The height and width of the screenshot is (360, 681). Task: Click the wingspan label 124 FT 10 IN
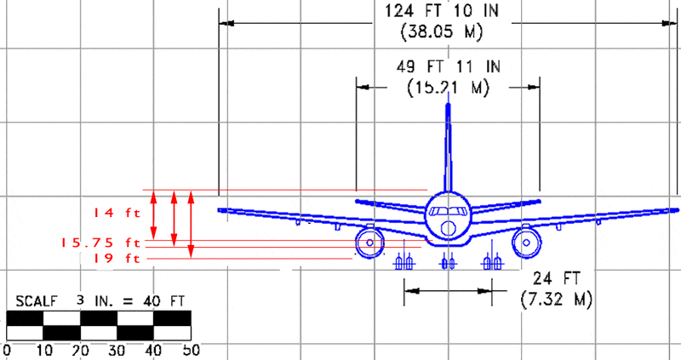[442, 10]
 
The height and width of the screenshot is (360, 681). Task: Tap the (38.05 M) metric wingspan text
[442, 31]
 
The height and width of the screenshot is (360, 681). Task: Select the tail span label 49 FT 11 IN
[449, 67]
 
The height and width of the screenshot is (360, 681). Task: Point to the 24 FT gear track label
[557, 278]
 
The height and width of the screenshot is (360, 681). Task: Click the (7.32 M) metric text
[557, 300]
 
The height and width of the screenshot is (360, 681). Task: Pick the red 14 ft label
[116, 213]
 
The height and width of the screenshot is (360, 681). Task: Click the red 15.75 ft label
[100, 243]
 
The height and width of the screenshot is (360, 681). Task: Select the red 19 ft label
[116, 259]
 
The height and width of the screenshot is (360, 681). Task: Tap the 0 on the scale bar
[7, 350]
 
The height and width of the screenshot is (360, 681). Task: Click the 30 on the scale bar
[117, 350]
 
